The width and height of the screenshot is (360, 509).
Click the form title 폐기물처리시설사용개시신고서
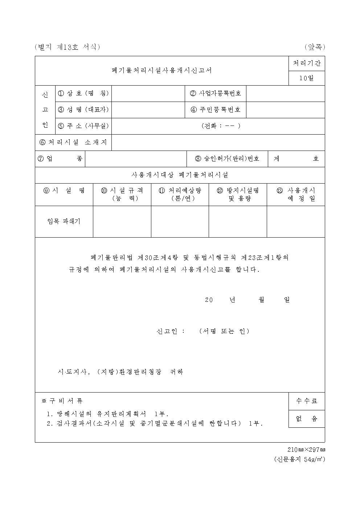161,70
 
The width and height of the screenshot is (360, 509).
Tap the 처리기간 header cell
307,63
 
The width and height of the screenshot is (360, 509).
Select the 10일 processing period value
307,78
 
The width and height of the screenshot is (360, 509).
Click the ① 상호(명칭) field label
83,93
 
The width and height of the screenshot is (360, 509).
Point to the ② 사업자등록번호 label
216,93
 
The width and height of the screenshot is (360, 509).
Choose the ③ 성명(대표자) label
83,110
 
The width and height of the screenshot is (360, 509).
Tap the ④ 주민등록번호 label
216,110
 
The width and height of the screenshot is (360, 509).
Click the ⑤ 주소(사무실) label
83,126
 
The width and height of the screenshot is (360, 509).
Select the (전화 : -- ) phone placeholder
221,126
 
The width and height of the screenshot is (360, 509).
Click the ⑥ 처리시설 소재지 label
73,142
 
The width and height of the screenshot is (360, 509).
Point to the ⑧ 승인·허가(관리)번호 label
227,159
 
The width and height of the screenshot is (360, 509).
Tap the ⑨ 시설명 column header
64,190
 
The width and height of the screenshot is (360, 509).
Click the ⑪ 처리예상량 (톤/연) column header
180,194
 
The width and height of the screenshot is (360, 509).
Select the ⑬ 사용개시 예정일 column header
296,194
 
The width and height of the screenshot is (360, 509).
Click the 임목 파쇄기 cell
64,221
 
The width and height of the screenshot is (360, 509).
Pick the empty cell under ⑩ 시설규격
122,221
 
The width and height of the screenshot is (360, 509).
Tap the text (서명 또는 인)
224,331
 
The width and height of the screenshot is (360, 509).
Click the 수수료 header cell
307,401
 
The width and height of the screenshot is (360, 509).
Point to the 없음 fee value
307,419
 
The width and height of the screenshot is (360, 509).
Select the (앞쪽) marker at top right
315,47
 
